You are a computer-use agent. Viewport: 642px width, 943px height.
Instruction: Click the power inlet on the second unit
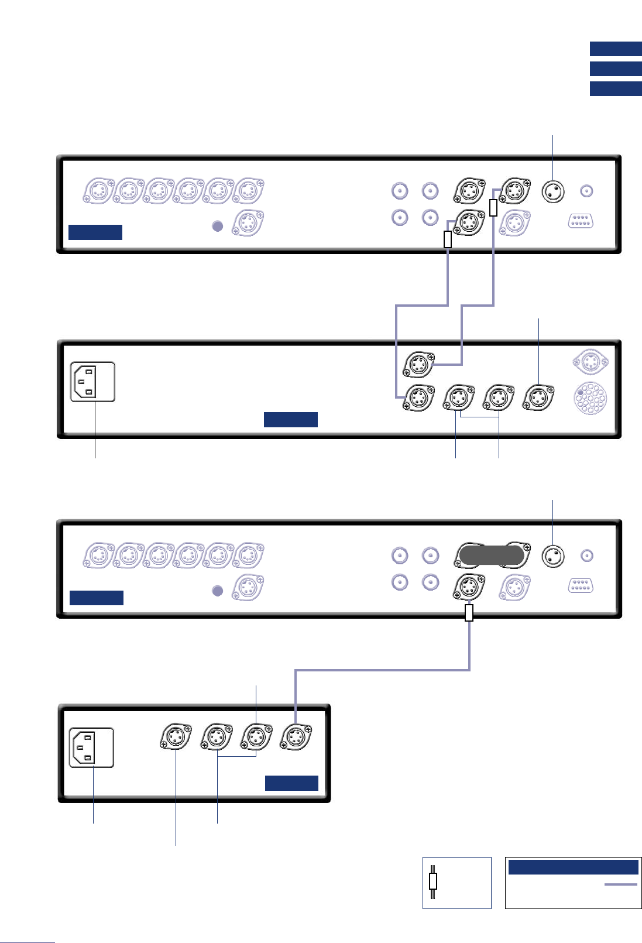coord(92,382)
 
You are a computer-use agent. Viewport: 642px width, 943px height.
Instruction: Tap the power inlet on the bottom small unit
coord(91,747)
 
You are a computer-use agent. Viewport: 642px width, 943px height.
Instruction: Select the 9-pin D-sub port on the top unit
coord(580,221)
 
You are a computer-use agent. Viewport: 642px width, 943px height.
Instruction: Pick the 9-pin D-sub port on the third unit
coord(581,585)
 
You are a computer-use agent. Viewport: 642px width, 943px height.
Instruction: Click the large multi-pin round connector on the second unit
coord(590,399)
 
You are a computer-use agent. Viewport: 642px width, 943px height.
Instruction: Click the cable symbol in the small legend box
coord(433,882)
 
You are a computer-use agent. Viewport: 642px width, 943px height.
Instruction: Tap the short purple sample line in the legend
coord(620,884)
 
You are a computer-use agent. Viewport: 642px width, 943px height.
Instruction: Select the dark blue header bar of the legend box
coord(573,867)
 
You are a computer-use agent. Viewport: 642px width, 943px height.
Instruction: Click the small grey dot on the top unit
coord(217,226)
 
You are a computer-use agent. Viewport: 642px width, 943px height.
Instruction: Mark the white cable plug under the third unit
coord(468,612)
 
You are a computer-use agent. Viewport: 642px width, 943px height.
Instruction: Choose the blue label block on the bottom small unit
coord(291,783)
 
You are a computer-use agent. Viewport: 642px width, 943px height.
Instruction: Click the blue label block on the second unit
coord(290,419)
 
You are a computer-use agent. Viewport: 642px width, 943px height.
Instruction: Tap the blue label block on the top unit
coord(95,232)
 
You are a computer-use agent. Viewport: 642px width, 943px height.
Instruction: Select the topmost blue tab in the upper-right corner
coord(616,49)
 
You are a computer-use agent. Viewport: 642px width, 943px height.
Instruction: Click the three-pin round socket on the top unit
coord(553,191)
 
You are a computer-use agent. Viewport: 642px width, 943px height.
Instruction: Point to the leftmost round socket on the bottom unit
coord(176,738)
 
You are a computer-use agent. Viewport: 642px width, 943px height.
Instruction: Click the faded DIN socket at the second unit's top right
coord(590,362)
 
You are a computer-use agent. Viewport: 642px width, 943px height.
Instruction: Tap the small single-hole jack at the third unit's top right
coord(586,555)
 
